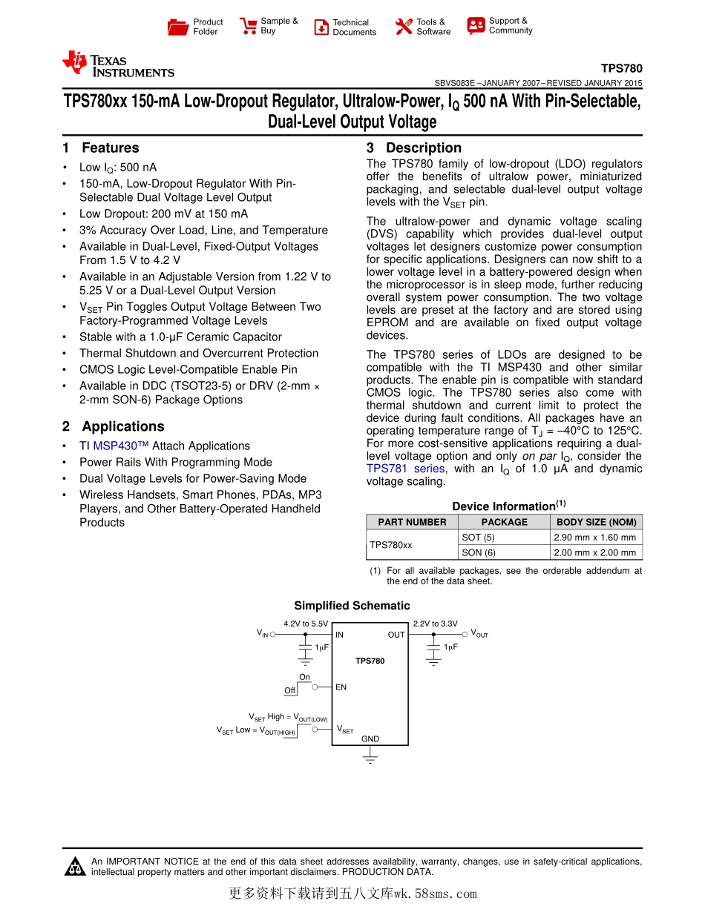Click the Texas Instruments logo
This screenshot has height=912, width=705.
click(x=118, y=64)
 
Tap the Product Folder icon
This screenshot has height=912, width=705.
click(x=178, y=27)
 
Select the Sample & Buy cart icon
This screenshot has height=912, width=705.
click(x=248, y=27)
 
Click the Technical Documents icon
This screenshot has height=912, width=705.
click(x=321, y=27)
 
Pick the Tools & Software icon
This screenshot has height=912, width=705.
click(x=404, y=27)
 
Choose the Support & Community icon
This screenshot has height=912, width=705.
click(x=476, y=26)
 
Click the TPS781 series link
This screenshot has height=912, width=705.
click(x=405, y=469)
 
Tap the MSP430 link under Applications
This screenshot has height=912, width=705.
click(x=121, y=446)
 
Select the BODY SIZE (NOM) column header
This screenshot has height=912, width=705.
click(x=596, y=522)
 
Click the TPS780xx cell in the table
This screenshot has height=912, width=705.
click(x=391, y=544)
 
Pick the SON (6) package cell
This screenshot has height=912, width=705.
click(x=478, y=552)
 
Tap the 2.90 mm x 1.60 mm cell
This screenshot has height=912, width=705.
click(x=596, y=538)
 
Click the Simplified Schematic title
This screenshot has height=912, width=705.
click(x=352, y=606)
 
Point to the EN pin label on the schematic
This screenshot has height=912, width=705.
click(x=341, y=687)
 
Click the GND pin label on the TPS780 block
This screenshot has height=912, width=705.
click(x=370, y=738)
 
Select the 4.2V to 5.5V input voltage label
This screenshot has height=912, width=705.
click(x=306, y=624)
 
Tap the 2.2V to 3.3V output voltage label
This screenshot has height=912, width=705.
click(x=435, y=624)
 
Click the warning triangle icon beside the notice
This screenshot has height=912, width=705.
click(x=75, y=866)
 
